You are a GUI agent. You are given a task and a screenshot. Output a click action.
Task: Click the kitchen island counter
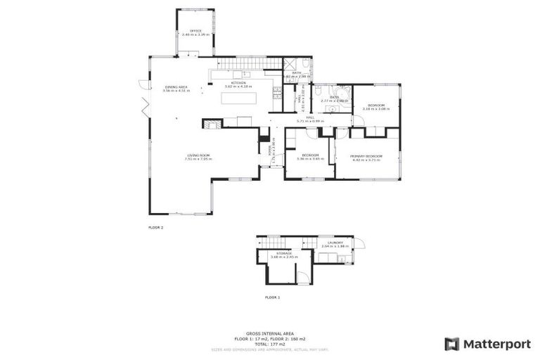pos(238,98)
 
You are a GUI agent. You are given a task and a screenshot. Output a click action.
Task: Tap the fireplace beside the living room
pos(210,124)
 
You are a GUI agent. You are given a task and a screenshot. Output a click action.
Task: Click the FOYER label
pos(271,150)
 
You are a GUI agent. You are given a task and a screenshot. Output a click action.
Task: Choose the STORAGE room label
pos(283,254)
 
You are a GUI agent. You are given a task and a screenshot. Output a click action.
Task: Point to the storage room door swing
pos(302,278)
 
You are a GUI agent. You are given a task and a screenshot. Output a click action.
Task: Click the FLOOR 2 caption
pos(155,228)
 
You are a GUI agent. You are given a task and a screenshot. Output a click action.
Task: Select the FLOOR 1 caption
pos(272,297)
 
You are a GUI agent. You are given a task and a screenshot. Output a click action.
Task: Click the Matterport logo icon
pos(452,344)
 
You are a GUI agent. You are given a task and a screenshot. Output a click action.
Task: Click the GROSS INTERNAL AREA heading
pos(270,333)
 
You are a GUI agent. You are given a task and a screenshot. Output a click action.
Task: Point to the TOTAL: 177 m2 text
pos(270,343)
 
